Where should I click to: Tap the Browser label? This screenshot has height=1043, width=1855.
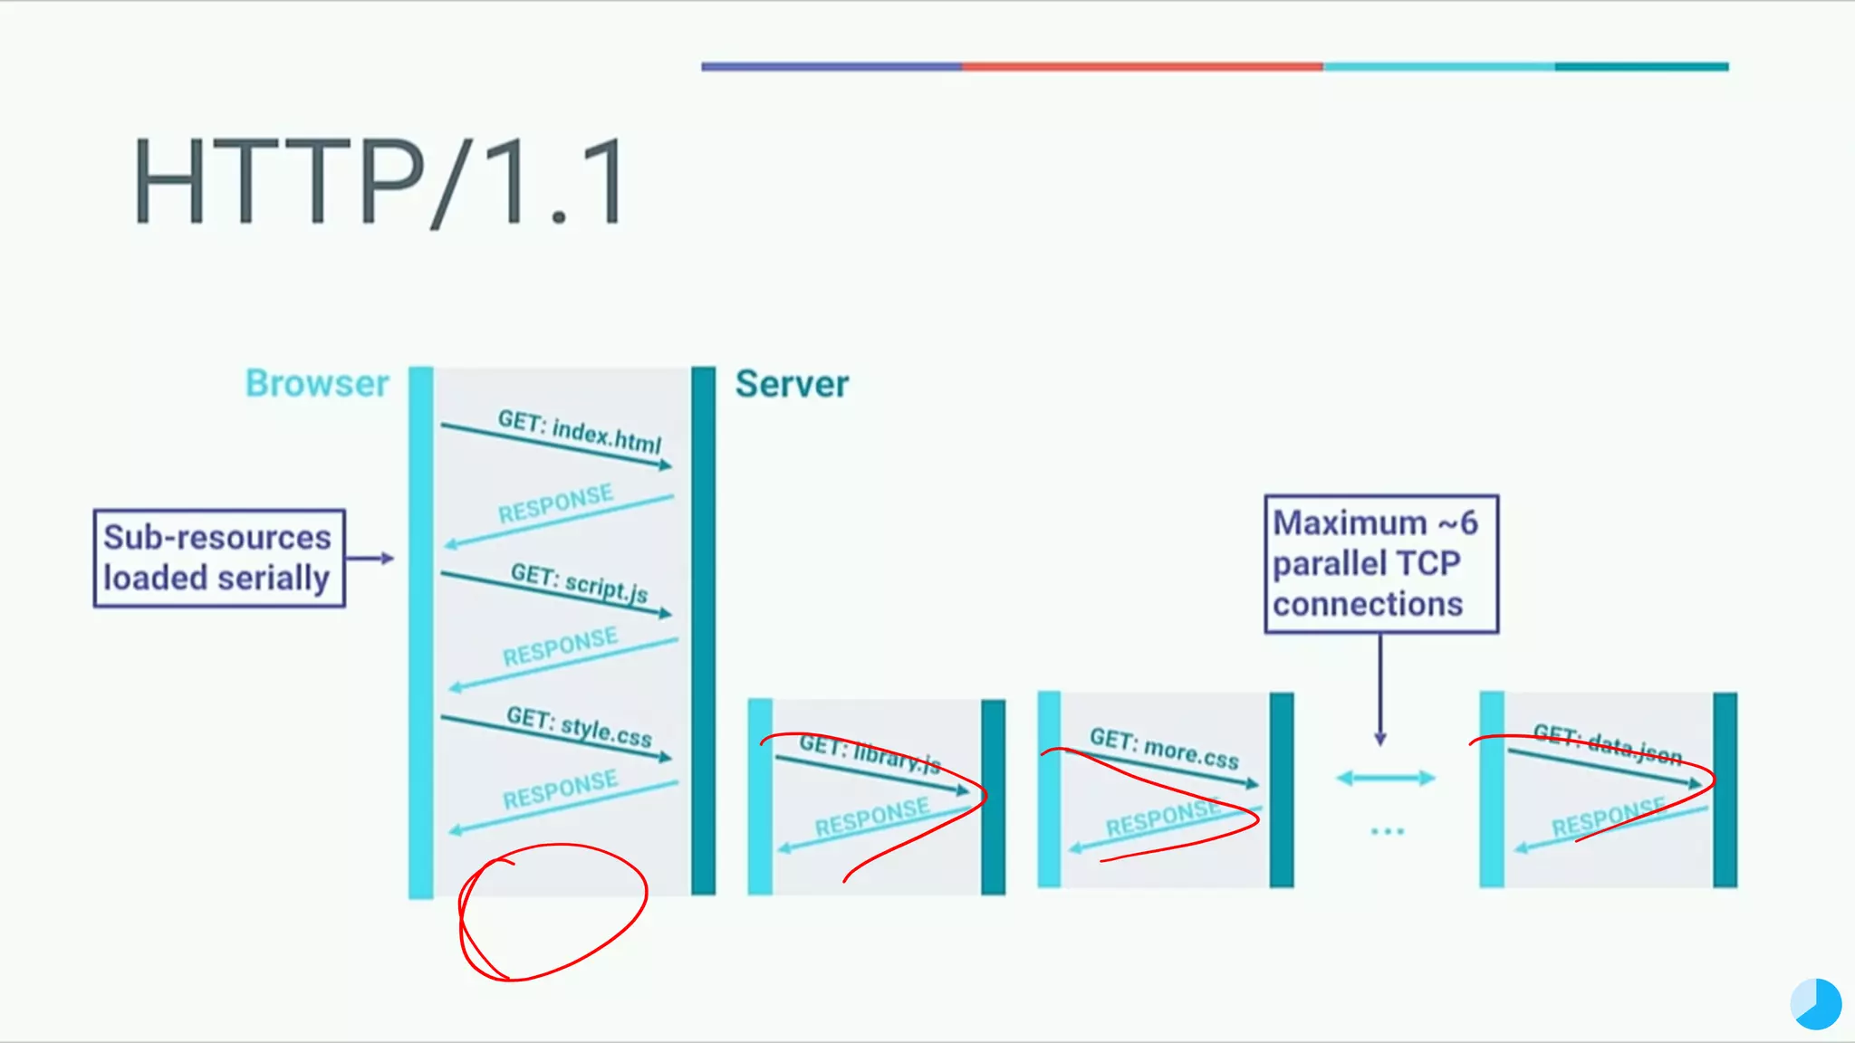(317, 384)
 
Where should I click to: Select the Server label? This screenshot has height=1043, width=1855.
(792, 384)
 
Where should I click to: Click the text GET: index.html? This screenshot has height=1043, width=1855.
(580, 432)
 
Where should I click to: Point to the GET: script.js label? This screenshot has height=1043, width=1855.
(580, 583)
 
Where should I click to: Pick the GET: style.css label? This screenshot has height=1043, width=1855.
(580, 727)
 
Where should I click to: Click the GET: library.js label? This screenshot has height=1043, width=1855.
(870, 753)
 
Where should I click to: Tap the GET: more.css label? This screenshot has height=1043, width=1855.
(1164, 749)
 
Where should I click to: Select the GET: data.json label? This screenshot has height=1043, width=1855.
(1607, 744)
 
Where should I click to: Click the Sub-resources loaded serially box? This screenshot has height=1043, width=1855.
(218, 558)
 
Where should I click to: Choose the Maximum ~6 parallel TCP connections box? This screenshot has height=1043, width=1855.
(1380, 563)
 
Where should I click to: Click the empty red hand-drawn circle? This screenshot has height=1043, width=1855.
(553, 912)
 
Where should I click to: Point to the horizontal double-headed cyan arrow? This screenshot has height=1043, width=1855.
(1386, 778)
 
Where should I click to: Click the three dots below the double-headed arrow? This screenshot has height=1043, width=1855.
(1387, 831)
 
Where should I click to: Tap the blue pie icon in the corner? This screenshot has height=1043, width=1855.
(1816, 1004)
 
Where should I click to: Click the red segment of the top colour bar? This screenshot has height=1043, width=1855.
(1141, 66)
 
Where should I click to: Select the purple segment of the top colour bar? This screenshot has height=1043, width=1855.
(831, 66)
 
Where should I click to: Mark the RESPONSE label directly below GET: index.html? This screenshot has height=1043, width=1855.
(555, 504)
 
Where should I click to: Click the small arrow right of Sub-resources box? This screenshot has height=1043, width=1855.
(370, 558)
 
